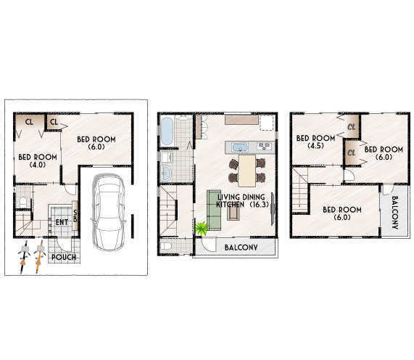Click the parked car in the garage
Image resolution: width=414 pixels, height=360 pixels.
point(108,212)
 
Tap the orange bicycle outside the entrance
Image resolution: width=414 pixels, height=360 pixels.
point(39,256)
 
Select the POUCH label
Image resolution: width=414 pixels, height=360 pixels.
point(64,257)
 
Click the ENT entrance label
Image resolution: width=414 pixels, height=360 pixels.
point(62,222)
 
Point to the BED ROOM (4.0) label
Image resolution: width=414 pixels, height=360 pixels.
point(38,160)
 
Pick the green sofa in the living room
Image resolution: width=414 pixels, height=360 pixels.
point(214,210)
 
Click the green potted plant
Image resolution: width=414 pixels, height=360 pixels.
point(202,228)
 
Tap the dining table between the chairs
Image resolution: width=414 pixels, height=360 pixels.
point(247,171)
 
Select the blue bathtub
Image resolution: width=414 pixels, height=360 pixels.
point(167,131)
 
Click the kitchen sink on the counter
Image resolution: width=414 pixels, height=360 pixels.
point(239,147)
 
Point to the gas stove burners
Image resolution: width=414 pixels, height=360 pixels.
point(265,146)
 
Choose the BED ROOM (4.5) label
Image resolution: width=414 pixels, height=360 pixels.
point(316,142)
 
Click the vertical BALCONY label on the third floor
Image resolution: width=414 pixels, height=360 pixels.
point(394,212)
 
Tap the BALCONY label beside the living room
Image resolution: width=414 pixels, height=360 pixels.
point(241,247)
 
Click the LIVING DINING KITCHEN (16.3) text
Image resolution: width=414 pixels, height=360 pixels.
point(242,200)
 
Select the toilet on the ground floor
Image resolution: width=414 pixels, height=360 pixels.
point(23,202)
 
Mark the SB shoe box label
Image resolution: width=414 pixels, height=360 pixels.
point(75,216)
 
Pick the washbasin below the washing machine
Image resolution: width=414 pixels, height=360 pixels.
point(166,173)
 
